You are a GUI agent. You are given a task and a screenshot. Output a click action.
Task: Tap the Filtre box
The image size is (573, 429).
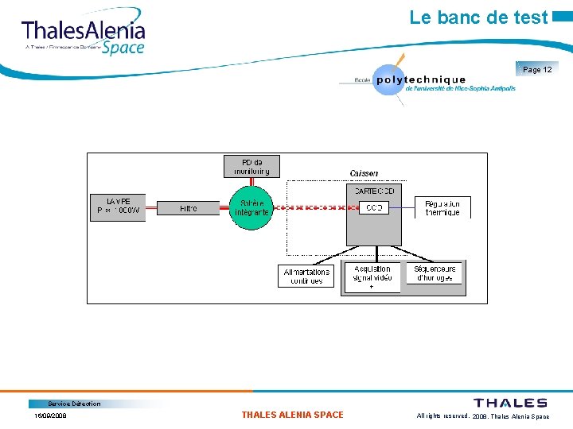[188, 208]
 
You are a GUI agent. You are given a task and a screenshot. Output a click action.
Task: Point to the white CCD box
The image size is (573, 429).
[373, 207]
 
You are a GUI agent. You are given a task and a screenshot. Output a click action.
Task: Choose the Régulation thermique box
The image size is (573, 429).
[442, 207]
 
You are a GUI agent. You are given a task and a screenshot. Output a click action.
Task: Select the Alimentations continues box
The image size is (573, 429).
[306, 276]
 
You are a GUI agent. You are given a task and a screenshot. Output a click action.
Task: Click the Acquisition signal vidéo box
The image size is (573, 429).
[372, 275]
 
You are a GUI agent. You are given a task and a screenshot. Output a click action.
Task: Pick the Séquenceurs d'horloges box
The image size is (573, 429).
[434, 272]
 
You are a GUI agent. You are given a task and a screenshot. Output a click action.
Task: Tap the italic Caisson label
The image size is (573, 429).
[364, 173]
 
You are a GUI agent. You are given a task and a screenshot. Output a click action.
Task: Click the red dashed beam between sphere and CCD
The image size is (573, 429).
[315, 208]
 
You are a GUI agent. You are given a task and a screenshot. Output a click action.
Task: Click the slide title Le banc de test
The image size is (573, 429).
[478, 17]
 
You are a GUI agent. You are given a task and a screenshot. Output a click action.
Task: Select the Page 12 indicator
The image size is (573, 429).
[537, 70]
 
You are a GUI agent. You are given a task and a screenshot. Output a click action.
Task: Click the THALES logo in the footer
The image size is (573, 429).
[510, 403]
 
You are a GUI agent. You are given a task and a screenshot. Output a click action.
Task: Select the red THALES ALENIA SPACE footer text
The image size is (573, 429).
[292, 415]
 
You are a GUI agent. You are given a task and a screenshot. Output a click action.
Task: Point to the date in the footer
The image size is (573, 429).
[50, 415]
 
